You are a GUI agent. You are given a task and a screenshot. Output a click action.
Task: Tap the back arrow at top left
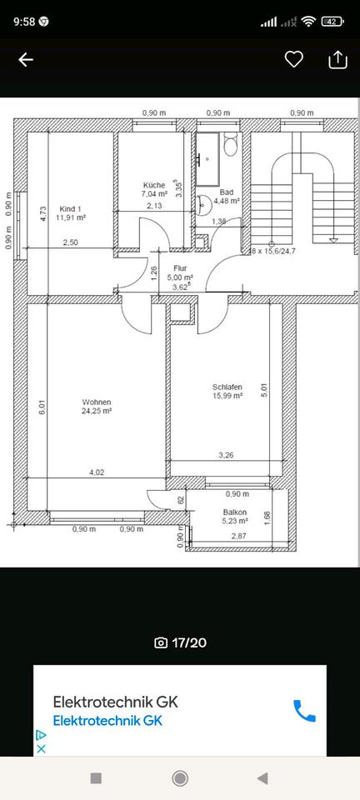coord(26,59)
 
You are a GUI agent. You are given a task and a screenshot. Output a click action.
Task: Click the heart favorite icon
coord(293,59)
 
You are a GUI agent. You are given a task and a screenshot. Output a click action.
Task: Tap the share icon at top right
coord(337,59)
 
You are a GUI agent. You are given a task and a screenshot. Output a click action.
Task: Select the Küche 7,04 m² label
coord(153,190)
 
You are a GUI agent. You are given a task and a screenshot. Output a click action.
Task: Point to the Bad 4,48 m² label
coord(226,196)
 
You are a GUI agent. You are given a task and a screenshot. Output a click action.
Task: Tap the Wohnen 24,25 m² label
coord(97,406)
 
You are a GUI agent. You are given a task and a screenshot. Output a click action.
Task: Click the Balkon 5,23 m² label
coord(234,517)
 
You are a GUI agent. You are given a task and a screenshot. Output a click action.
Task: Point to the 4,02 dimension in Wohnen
coord(97,472)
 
